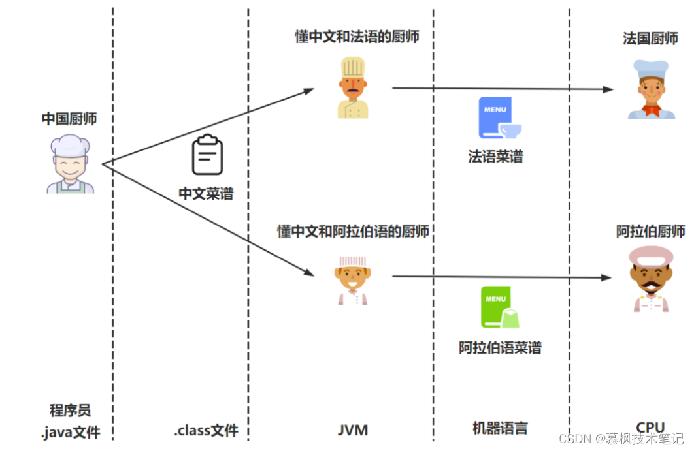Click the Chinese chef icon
pyautogui.click(x=71, y=164)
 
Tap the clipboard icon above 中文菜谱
pyautogui.click(x=207, y=154)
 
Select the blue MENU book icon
pyautogui.click(x=500, y=117)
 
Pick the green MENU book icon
pyautogui.click(x=500, y=307)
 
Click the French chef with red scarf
pyautogui.click(x=651, y=89)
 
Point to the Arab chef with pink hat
pyautogui.click(x=651, y=279)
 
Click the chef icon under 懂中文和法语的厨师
pyautogui.click(x=353, y=87)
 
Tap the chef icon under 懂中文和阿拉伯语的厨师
pyautogui.click(x=353, y=281)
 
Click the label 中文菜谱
pyautogui.click(x=206, y=194)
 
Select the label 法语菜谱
pyautogui.click(x=496, y=157)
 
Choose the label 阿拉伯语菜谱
pyautogui.click(x=500, y=347)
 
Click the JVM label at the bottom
pyautogui.click(x=353, y=429)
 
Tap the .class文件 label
pyautogui.click(x=207, y=430)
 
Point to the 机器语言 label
pyautogui.click(x=500, y=428)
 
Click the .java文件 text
pyautogui.click(x=71, y=432)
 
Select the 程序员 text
pyautogui.click(x=71, y=411)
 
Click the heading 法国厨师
pyautogui.click(x=651, y=39)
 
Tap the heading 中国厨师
pyautogui.click(x=69, y=119)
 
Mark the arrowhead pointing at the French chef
pyautogui.click(x=608, y=89)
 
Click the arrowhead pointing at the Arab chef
pyautogui.click(x=607, y=277)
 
